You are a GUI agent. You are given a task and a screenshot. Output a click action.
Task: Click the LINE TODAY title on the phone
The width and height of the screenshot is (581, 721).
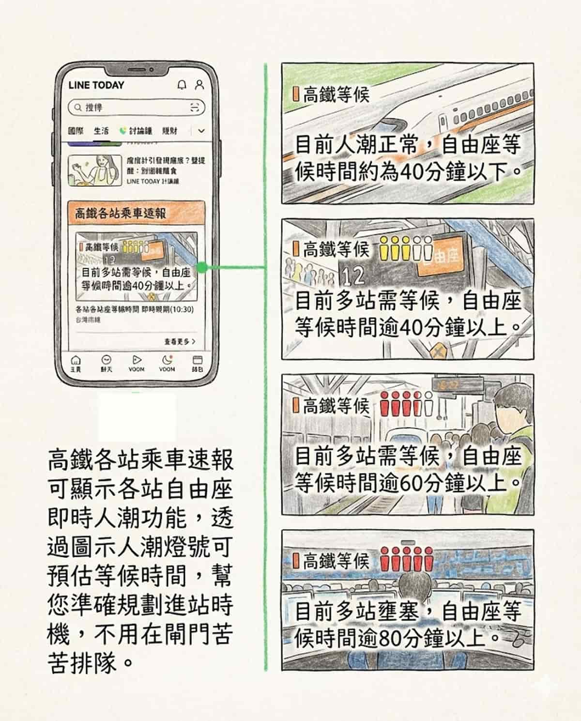coord(96,85)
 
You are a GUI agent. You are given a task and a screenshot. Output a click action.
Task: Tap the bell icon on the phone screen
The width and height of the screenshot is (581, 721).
coord(182,85)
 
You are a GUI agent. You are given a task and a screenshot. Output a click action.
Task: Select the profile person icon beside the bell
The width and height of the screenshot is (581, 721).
coord(199,85)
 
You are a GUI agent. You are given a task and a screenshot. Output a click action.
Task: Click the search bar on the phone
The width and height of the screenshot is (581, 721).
coord(136,107)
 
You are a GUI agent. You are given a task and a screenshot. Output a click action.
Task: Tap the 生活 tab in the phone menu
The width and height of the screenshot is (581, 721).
coord(101,131)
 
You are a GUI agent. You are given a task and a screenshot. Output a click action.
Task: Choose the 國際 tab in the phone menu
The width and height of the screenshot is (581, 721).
coord(76,131)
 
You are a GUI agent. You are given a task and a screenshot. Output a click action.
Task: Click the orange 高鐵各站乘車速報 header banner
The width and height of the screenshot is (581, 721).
coord(136,213)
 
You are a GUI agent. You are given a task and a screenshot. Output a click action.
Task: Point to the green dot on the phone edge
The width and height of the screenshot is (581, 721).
coord(203,267)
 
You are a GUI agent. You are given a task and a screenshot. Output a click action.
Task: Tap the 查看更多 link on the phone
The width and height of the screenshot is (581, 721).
coord(180,341)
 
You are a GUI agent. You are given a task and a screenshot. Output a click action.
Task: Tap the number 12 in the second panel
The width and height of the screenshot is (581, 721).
coord(352,276)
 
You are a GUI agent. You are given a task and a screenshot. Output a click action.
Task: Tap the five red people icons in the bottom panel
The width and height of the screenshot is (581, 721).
coord(407,560)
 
